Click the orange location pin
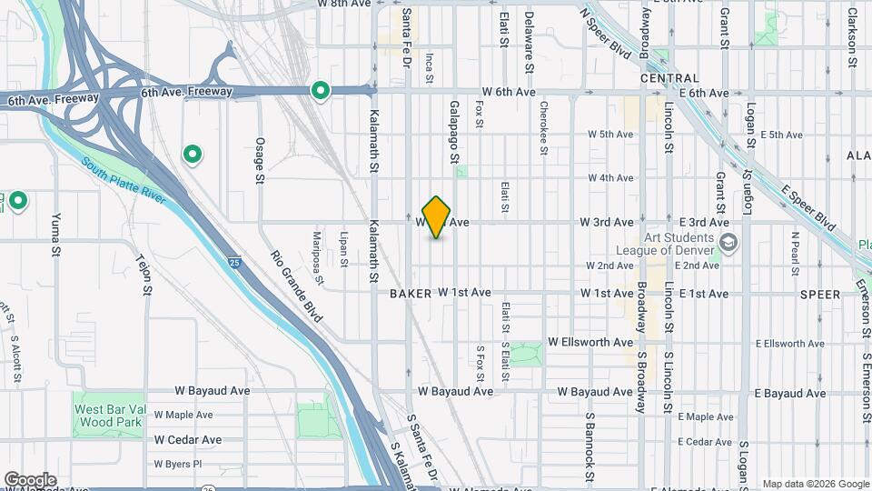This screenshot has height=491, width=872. click(x=437, y=216)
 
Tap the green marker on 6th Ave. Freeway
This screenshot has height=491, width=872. click(x=320, y=90)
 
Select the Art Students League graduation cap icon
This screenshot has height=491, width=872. click(x=728, y=242)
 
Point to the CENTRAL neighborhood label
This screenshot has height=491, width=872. click(x=669, y=78)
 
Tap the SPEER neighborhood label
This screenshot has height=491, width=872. click(x=820, y=294)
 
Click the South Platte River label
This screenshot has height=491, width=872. click(x=124, y=181)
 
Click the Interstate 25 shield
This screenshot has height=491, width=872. click(x=233, y=263)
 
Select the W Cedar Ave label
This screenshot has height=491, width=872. click(x=188, y=439)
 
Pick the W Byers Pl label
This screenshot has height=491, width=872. click(x=177, y=464)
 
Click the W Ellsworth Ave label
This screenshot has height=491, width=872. click(x=590, y=343)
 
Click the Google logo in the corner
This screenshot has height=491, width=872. click(x=30, y=479)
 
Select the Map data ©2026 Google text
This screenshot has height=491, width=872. click(x=815, y=484)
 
